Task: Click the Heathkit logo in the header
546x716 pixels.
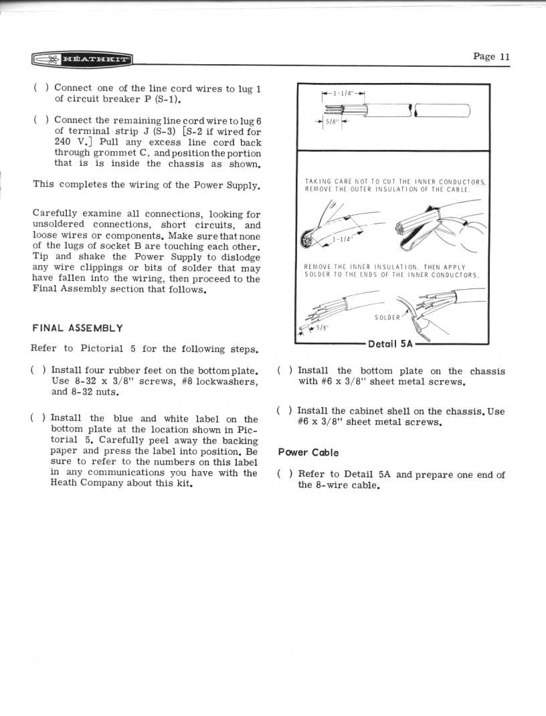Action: point(82,60)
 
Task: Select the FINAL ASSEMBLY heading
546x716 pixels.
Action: point(78,329)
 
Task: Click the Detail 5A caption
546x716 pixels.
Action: point(391,344)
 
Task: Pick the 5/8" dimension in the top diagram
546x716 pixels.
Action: point(332,122)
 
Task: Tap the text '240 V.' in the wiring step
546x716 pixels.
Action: point(68,142)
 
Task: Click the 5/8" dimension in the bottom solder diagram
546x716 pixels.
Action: point(322,328)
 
